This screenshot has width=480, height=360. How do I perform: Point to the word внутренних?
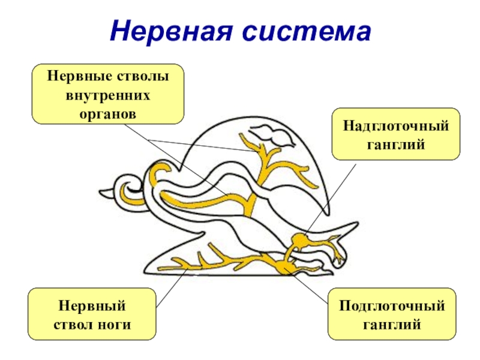(108, 95)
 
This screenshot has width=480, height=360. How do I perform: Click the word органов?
(108, 113)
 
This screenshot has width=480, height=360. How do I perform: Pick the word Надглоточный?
(396, 126)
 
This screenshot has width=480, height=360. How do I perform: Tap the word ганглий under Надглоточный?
(396, 143)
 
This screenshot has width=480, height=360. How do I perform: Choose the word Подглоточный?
(392, 307)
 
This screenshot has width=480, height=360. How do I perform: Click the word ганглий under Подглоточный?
(392, 324)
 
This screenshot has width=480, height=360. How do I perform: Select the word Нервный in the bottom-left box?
(92, 307)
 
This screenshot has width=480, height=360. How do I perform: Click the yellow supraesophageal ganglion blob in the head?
(298, 241)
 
